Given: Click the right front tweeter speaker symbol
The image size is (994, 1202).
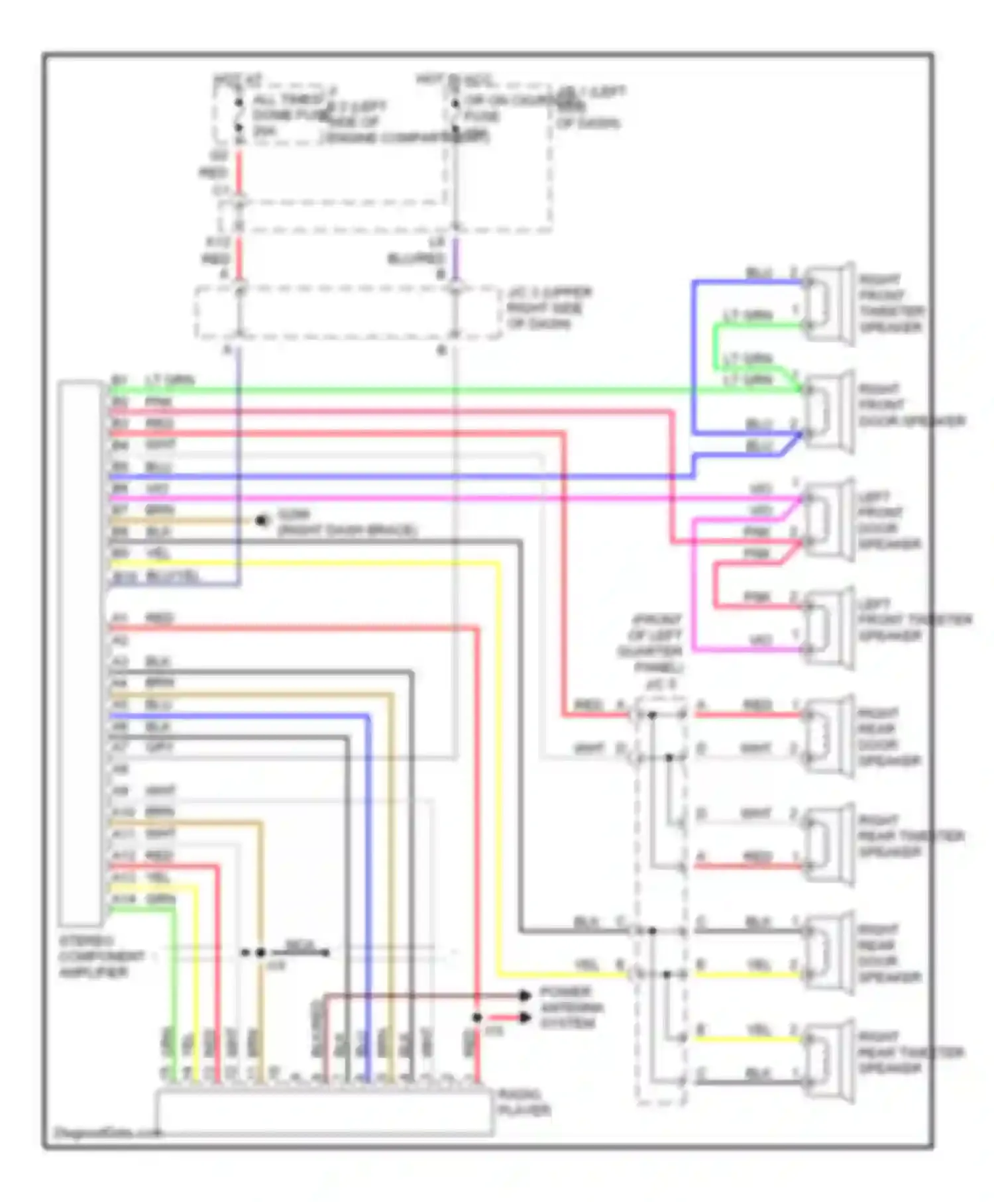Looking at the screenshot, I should pyautogui.click(x=828, y=303).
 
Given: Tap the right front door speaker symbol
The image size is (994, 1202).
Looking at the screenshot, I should pyautogui.click(x=828, y=411).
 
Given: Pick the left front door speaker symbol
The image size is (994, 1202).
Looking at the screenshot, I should pyautogui.click(x=828, y=519).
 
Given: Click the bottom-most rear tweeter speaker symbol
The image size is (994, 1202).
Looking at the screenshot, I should pyautogui.click(x=828, y=1061).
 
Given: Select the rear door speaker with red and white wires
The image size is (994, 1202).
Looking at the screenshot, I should pyautogui.click(x=828, y=736).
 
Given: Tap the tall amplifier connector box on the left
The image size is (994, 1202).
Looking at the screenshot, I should pyautogui.click(x=80, y=653).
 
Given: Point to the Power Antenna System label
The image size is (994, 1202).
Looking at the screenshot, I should pyautogui.click(x=571, y=1008).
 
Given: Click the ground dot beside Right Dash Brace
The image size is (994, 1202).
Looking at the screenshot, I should pyautogui.click(x=262, y=521).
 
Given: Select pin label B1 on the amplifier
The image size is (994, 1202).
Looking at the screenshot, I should pyautogui.click(x=119, y=381).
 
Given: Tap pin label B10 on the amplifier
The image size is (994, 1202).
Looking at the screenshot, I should pyautogui.click(x=124, y=577).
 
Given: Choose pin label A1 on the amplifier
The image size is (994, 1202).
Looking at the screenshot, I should pyautogui.click(x=119, y=619).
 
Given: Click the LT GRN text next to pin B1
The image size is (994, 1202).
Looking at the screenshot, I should pyautogui.click(x=170, y=380).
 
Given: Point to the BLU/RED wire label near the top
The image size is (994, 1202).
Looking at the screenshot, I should pyautogui.click(x=415, y=258).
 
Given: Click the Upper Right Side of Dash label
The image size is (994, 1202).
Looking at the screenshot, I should pyautogui.click(x=549, y=308).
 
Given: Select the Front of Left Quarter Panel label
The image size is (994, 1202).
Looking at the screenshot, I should pyautogui.click(x=656, y=643).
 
